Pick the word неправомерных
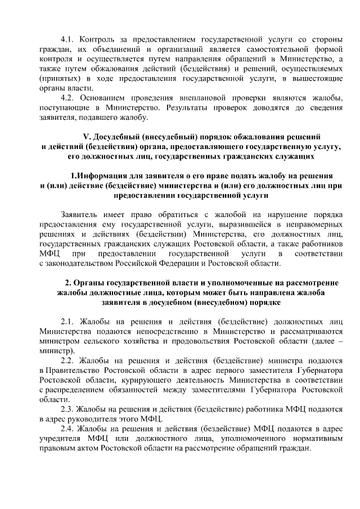tap(310, 224)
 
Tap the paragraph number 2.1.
tap(67, 322)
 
